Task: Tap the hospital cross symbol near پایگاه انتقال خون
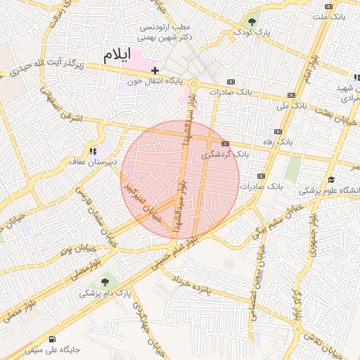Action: pyautogui.click(x=155, y=71)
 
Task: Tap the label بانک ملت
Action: pyautogui.click(x=329, y=15)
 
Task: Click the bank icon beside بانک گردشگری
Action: pyautogui.click(x=225, y=143)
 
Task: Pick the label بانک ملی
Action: pyautogui.click(x=291, y=107)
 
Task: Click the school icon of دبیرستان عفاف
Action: pyautogui.click(x=92, y=150)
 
